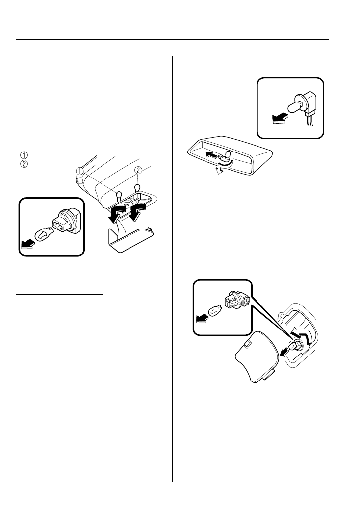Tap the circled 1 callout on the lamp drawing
click(79, 171)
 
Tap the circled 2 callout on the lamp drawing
click(139, 170)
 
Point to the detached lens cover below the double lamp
click(129, 237)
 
